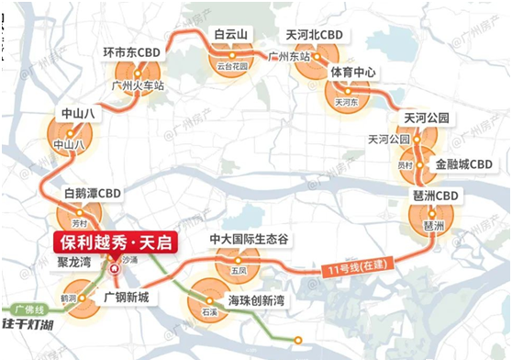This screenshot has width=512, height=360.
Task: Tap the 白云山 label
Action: pyautogui.click(x=231, y=35)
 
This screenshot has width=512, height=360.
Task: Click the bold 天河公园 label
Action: pyautogui.click(x=426, y=118)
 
